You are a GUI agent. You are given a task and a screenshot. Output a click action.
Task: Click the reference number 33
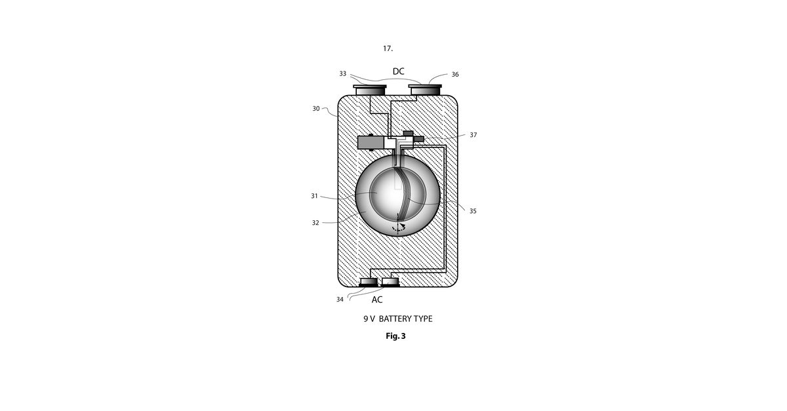[x=342, y=74]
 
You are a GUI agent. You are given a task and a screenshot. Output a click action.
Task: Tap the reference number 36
[x=455, y=75]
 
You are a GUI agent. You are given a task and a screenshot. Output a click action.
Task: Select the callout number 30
[x=316, y=109]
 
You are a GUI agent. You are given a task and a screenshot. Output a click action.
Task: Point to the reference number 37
[x=474, y=135]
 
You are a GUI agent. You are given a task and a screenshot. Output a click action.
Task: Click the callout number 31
[x=314, y=196]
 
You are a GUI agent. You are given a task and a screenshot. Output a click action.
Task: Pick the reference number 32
[x=315, y=223]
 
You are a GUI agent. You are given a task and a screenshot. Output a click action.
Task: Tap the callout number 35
[x=473, y=211]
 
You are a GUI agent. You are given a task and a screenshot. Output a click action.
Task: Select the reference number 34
[x=340, y=300]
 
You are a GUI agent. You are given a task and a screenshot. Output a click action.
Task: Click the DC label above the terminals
[x=399, y=71]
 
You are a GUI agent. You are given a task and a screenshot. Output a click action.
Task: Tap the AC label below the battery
[x=377, y=300]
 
